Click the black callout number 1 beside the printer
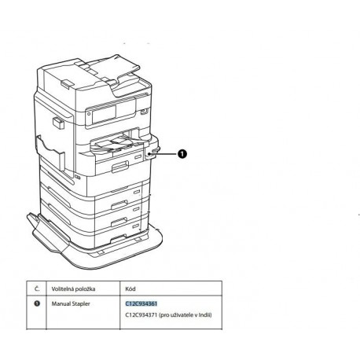182,154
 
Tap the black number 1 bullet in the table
37,303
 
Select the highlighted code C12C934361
141,303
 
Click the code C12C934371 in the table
141,314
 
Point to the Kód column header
130,288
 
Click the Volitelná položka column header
73,289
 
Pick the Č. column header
37,288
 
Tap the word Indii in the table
205,314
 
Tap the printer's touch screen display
104,115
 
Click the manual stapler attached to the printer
151,152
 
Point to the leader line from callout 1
165,154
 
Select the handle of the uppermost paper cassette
120,167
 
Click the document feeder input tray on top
112,67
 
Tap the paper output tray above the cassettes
118,145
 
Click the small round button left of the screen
89,114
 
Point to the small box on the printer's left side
58,123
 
